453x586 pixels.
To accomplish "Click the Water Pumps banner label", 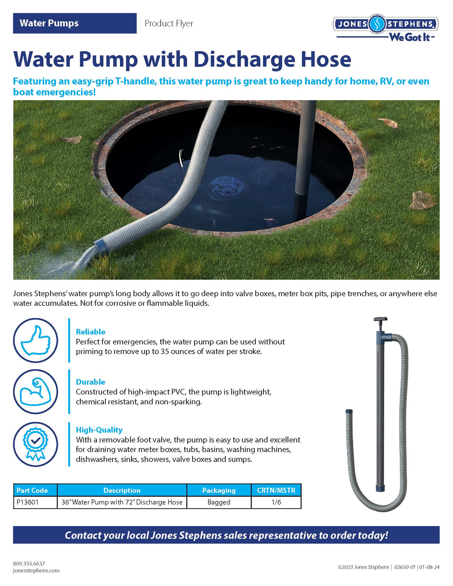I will click(x=49, y=23).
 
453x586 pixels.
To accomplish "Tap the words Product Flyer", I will click(x=169, y=24).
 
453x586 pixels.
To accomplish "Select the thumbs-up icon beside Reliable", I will click(x=35, y=340).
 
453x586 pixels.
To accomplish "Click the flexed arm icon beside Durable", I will click(x=35, y=391).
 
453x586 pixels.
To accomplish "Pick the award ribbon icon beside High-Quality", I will click(x=35, y=444).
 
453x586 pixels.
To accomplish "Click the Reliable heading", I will click(x=90, y=332).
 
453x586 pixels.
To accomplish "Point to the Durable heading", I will click(x=90, y=382).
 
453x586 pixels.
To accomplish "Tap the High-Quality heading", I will click(x=99, y=430).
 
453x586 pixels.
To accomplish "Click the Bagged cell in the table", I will click(x=219, y=502).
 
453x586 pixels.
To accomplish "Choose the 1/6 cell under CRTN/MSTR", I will click(x=276, y=502).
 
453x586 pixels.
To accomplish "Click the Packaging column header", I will click(x=219, y=490).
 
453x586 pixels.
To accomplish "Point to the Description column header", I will click(x=122, y=490).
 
